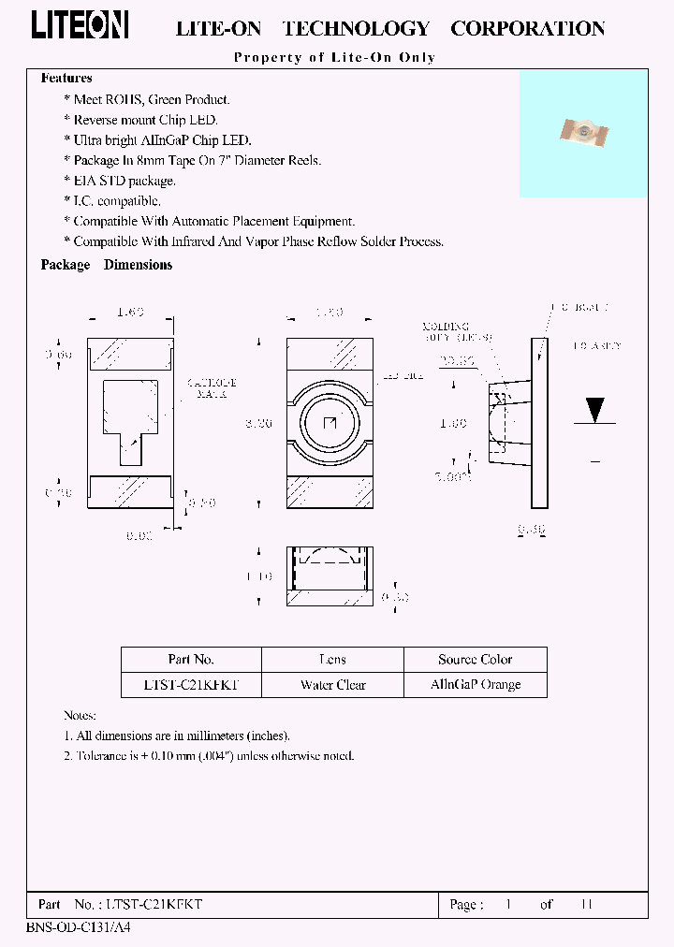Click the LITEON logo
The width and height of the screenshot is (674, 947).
tap(80, 26)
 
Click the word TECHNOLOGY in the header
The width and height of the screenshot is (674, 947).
tap(356, 29)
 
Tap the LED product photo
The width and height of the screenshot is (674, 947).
tap(583, 135)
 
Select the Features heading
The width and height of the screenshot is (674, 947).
tap(66, 79)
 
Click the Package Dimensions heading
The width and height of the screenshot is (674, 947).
tap(107, 265)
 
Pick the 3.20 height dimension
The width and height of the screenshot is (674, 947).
tap(258, 424)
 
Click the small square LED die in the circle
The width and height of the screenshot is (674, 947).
tap(329, 423)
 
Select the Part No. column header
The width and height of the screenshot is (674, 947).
tap(191, 660)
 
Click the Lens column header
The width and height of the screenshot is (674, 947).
tap(332, 660)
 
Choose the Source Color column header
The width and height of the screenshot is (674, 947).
tap(475, 660)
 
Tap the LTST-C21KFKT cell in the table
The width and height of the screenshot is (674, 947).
tap(191, 685)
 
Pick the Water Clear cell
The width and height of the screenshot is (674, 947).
tap(332, 685)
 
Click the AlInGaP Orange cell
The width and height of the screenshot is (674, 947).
tap(475, 685)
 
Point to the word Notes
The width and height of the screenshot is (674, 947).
tap(80, 715)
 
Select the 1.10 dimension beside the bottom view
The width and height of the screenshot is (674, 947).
tap(258, 576)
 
